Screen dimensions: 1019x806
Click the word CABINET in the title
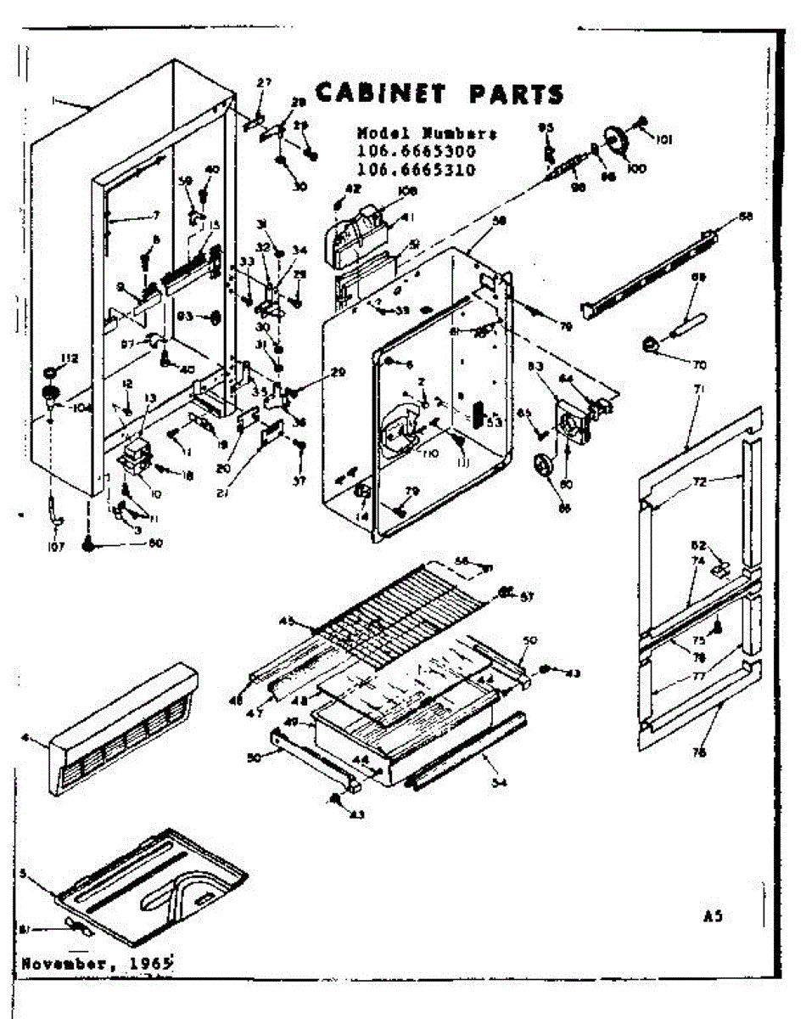382,93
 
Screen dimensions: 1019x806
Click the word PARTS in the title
516,93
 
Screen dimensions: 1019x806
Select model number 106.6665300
416,151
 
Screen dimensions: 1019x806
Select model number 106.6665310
416,169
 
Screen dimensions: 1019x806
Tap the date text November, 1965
96,963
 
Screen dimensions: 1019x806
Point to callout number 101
663,140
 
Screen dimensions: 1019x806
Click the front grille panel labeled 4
119,730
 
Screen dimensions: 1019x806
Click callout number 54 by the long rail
498,782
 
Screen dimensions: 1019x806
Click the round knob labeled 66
540,467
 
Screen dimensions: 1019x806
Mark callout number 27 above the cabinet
265,82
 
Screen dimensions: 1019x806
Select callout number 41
407,217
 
